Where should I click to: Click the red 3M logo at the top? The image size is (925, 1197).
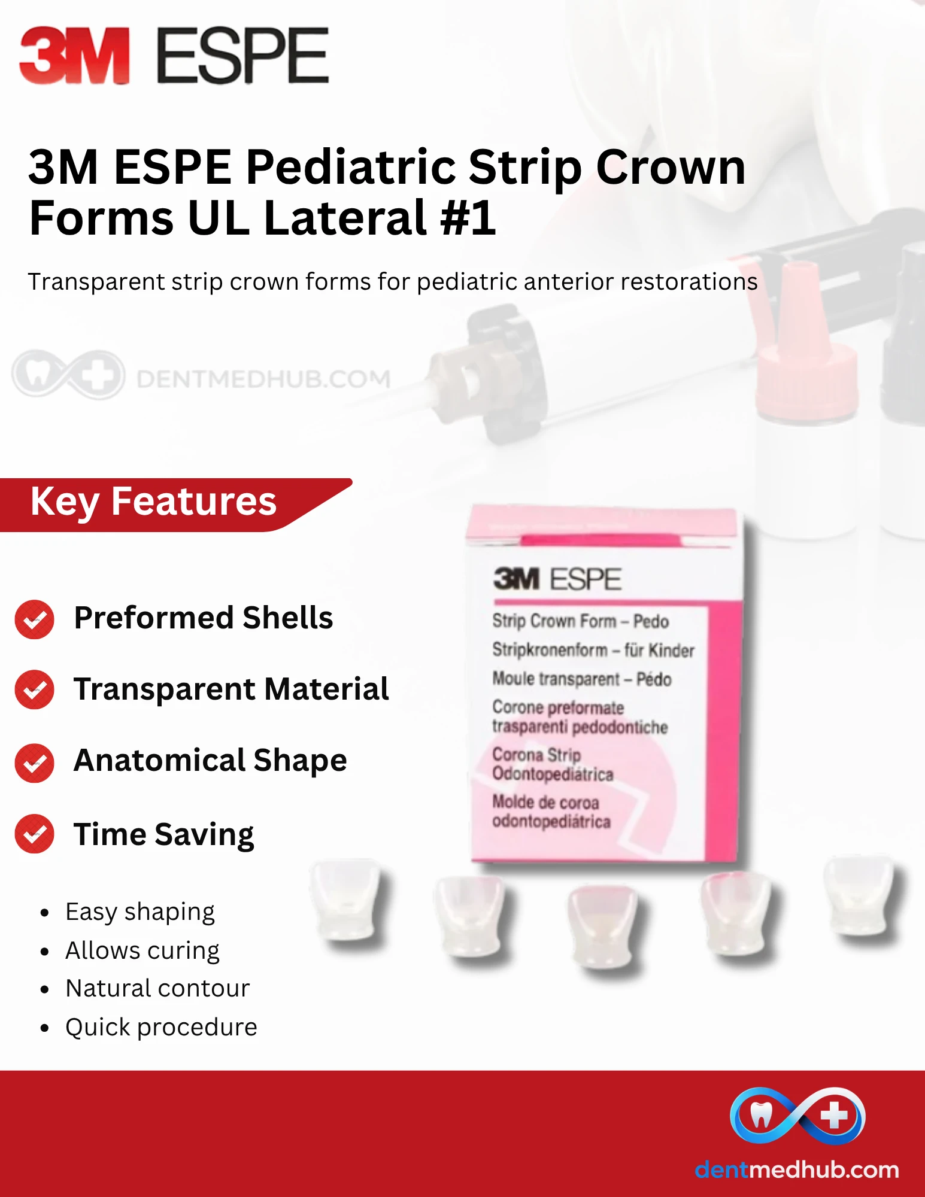(75, 55)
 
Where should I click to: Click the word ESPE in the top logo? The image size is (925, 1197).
(242, 55)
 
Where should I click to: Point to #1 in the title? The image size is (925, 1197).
(468, 217)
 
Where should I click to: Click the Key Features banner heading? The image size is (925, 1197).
(153, 501)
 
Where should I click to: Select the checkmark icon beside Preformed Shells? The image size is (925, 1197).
(35, 619)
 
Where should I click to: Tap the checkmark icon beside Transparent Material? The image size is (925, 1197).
(35, 689)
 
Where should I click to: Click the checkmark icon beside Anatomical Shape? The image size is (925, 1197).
(35, 763)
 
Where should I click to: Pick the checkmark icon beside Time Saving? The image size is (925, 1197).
(35, 834)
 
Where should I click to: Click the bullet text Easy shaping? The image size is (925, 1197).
(140, 912)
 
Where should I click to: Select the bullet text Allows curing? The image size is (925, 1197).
(142, 950)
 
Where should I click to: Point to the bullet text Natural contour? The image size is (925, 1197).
(157, 988)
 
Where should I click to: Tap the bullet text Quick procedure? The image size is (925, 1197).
(162, 1027)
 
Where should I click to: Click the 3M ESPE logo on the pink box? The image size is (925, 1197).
(557, 579)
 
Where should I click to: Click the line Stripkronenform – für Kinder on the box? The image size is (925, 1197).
(593, 650)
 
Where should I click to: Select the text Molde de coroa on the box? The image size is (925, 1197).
(545, 802)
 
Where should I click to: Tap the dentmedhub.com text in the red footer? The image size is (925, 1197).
(797, 1169)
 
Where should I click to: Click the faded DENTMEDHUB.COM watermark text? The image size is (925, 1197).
(263, 379)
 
